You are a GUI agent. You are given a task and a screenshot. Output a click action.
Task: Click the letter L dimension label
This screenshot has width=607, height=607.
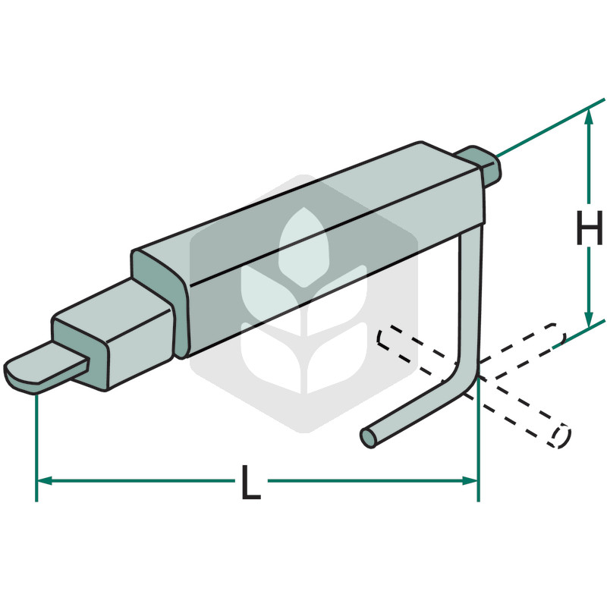pos(251,482)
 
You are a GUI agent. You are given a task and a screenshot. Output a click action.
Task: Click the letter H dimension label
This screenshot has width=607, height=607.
pos(590,228)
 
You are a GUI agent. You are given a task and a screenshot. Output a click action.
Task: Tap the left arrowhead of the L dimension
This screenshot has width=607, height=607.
pos(44,481)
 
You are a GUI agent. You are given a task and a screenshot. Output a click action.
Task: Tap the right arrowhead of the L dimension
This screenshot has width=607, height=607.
pos(470,481)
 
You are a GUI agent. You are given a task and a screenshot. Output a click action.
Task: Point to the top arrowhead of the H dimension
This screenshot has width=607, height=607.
pos(589,116)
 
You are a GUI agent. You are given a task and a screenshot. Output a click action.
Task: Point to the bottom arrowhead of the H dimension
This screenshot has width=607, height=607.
pos(589,320)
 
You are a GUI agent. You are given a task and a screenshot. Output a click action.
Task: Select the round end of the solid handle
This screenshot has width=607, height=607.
pos(368,438)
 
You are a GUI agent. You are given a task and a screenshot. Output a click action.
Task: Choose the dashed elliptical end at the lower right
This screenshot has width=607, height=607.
pos(560,436)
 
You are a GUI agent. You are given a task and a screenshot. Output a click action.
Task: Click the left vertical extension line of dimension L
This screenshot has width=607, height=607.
pos(36,448)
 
